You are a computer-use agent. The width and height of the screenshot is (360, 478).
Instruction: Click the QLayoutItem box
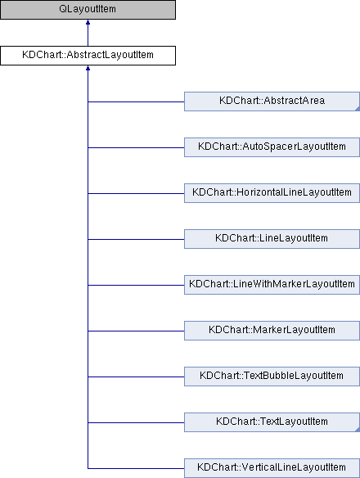point(88,10)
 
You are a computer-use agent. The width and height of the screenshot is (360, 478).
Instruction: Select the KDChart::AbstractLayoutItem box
point(88,56)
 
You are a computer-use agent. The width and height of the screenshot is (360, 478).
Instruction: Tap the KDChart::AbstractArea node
point(272,101)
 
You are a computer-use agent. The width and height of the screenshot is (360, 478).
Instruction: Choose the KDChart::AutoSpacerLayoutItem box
point(272,147)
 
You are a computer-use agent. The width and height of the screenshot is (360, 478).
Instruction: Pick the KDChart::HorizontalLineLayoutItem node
point(272,193)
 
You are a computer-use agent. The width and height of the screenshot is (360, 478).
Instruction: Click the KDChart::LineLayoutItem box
point(272,239)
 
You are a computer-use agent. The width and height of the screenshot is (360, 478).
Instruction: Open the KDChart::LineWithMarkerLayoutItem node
point(272,285)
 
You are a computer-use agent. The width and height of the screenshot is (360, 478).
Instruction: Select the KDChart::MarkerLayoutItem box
point(272,331)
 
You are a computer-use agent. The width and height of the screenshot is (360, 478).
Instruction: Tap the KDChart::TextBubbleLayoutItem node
point(272,377)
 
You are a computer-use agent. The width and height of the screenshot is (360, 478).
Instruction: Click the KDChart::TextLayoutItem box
point(272,422)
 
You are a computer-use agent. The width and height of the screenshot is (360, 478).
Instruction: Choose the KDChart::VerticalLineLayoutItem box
point(272,468)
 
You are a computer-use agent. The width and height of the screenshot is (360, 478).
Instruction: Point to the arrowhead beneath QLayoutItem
point(88,22)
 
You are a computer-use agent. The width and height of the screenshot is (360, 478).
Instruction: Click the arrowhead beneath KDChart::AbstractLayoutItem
point(88,68)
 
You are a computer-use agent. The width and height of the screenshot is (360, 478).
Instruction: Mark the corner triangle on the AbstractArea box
point(358,109)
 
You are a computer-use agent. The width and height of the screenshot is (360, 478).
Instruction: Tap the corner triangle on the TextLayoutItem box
point(358,430)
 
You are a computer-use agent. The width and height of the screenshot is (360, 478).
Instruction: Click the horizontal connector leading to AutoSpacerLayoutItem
point(136,148)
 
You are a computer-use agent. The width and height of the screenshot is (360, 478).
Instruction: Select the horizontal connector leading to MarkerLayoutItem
point(136,331)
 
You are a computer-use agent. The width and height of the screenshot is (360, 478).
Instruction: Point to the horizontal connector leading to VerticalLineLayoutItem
point(136,468)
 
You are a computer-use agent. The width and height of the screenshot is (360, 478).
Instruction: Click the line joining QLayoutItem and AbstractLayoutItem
point(88,33)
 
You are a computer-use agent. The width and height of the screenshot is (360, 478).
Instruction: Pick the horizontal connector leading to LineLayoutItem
point(136,239)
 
